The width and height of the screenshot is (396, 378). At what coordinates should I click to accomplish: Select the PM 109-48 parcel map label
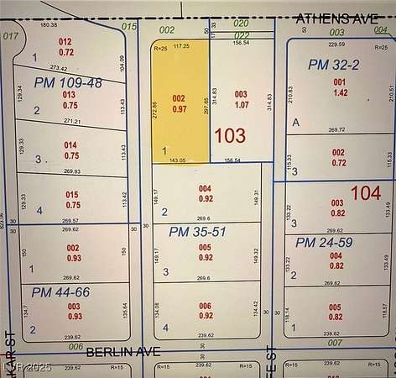68,82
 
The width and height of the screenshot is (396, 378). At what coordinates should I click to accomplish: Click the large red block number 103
230,135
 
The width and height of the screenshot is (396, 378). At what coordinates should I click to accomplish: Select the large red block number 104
365,193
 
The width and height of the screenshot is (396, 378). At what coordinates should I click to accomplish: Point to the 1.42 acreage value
339,93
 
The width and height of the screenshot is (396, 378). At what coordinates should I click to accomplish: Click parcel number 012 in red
65,41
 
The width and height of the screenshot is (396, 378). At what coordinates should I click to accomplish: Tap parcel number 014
71,145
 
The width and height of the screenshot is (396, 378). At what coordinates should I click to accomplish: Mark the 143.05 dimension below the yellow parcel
178,159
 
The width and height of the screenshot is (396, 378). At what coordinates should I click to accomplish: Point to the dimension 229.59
336,44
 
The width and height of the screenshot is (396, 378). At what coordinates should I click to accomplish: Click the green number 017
11,36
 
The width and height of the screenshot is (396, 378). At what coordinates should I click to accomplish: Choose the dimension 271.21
72,121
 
